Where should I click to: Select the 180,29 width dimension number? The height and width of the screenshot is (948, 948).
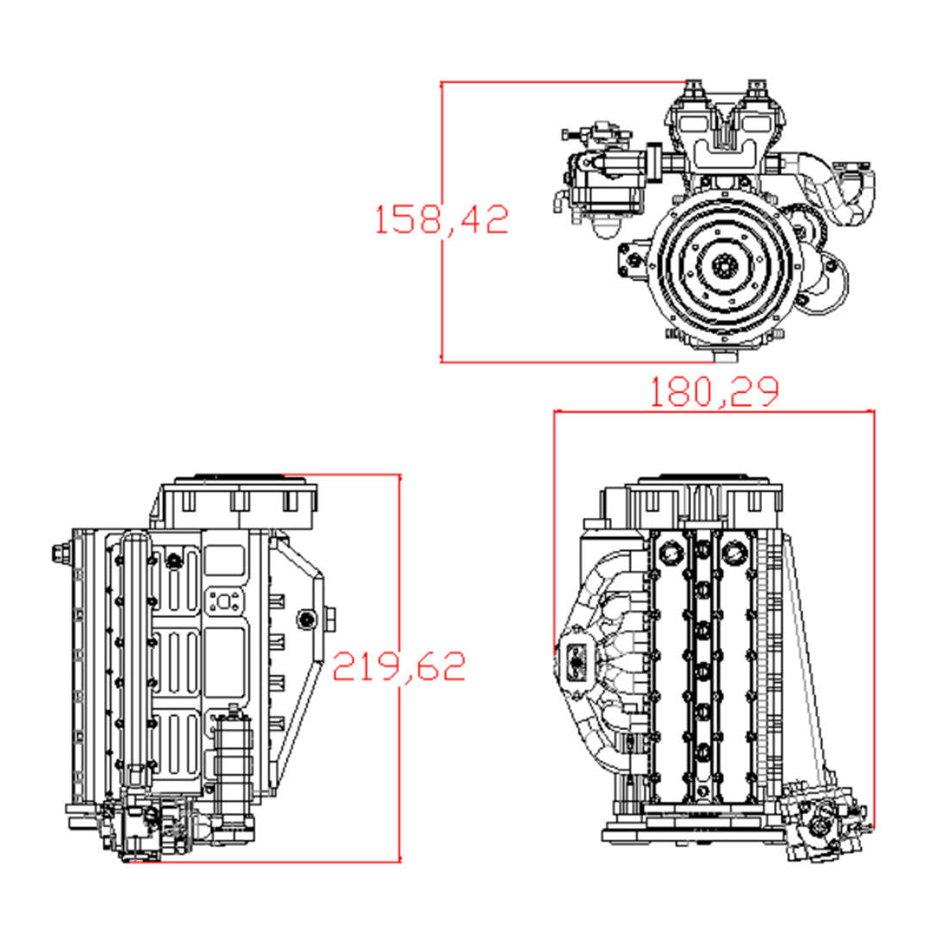(714, 391)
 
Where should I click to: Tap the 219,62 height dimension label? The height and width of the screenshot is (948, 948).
(399, 665)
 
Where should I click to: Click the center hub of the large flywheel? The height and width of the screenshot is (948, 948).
(722, 268)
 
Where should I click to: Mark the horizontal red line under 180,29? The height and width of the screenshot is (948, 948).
(714, 412)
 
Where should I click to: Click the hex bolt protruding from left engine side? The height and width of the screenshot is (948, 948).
(59, 554)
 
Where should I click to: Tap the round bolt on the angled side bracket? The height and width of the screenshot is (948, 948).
(306, 618)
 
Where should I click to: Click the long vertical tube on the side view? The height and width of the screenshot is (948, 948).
(135, 655)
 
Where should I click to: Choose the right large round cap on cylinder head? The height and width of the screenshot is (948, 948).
(734, 549)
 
